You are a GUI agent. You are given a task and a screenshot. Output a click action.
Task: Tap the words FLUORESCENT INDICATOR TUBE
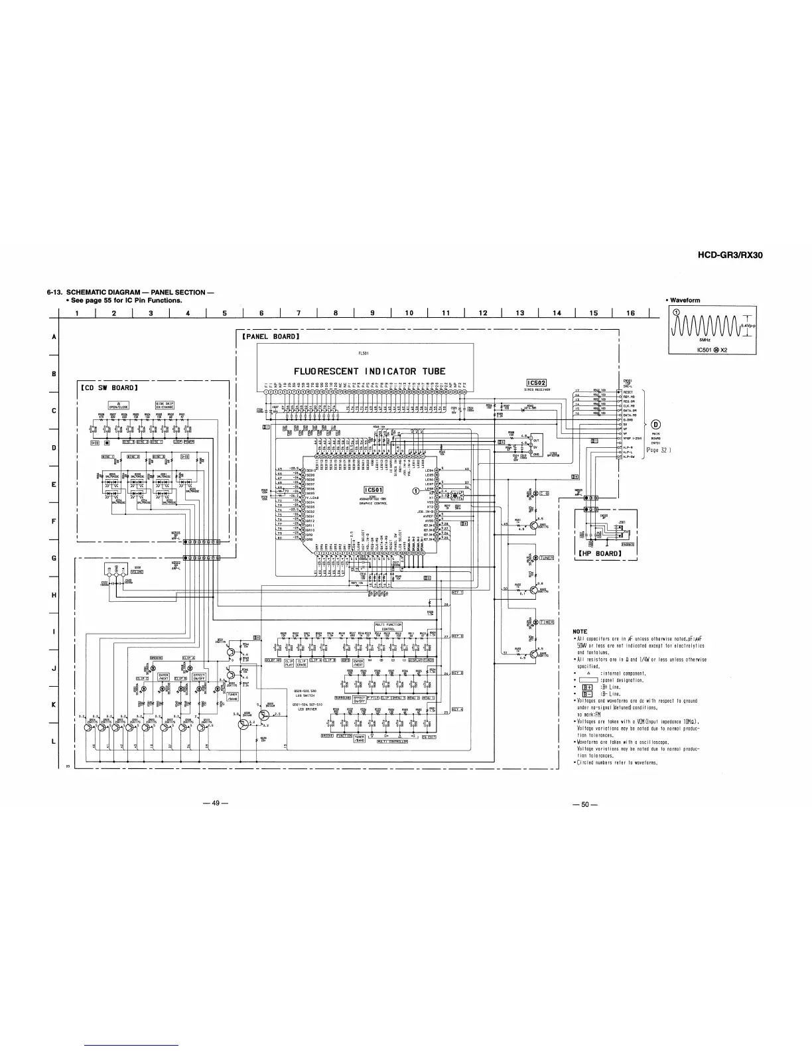pyautogui.click(x=370, y=371)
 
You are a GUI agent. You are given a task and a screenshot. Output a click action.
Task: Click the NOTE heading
pyautogui.click(x=580, y=631)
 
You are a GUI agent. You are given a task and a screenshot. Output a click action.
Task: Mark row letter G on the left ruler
pyautogui.click(x=53, y=558)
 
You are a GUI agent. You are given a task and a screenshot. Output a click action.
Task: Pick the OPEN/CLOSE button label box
pyautogui.click(x=118, y=407)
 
